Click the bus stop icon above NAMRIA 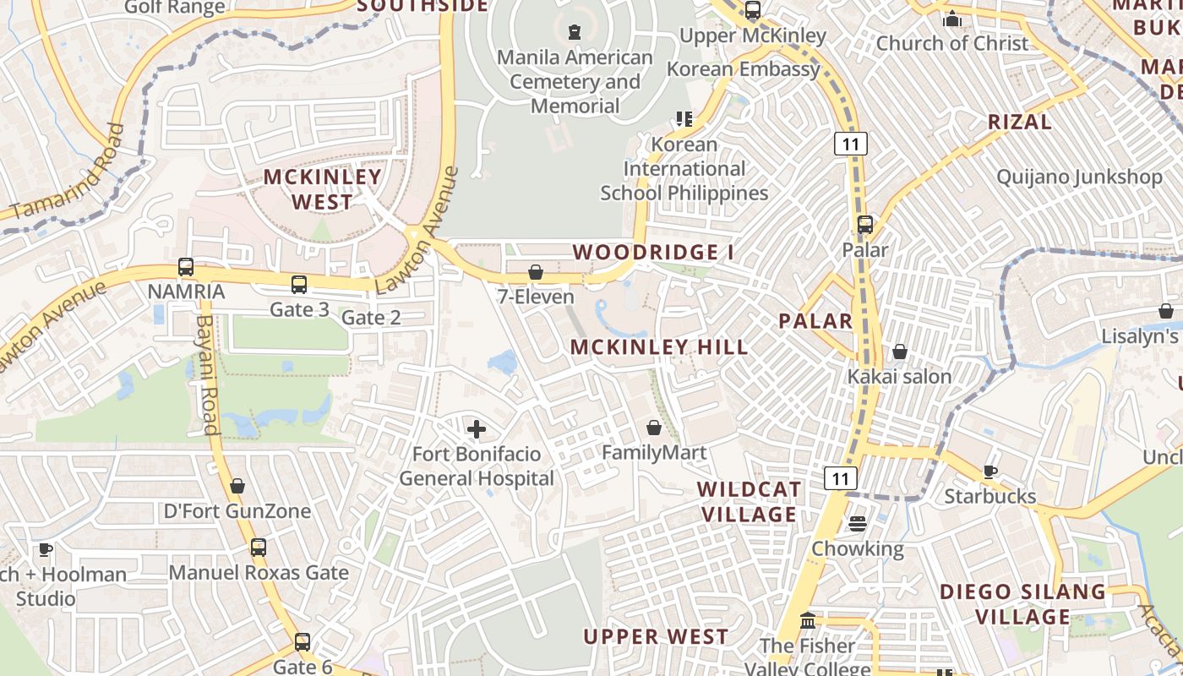[186, 267]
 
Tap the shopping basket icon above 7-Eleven [535, 272]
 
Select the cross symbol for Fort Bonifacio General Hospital [477, 429]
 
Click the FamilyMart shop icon [653, 428]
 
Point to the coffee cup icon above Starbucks [989, 472]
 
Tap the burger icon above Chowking [858, 524]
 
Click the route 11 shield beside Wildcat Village [839, 478]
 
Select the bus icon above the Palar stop [864, 225]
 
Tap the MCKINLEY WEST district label [323, 189]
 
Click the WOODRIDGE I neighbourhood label [653, 252]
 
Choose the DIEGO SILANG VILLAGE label [1022, 603]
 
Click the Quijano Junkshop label [1079, 177]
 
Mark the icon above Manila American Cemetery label [575, 33]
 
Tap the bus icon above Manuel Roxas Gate [259, 548]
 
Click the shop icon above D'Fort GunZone [237, 486]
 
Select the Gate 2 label [371, 318]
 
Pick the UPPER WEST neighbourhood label [655, 636]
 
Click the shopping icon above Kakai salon [900, 352]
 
